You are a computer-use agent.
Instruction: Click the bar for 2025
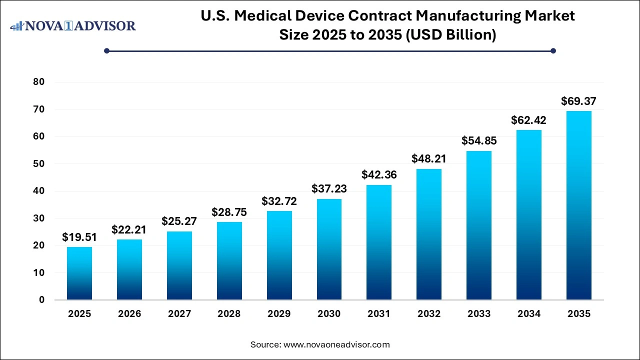79,273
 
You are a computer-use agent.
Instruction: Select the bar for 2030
329,249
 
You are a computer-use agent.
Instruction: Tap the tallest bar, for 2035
578,205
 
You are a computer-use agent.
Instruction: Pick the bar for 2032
429,234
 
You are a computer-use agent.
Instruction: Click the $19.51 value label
79,237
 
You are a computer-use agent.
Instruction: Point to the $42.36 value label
379,175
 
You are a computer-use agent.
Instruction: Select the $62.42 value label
528,120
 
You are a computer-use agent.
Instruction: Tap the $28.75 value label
229,212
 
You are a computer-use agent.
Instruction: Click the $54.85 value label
479,141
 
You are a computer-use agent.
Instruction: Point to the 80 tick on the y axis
38,82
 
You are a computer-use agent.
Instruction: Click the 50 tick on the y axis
38,164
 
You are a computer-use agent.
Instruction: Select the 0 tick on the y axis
41,300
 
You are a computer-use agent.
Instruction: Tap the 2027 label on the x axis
179,314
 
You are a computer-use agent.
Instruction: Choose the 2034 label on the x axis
528,314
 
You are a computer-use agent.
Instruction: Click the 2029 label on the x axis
279,314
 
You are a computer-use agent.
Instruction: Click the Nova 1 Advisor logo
73,25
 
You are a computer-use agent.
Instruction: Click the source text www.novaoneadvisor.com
336,344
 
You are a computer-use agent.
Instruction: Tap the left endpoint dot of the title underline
106,50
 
